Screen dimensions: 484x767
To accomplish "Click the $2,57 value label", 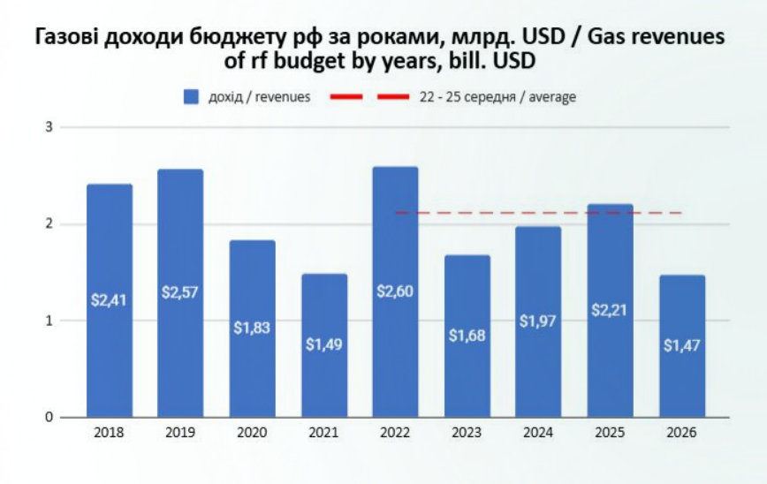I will click(181, 292).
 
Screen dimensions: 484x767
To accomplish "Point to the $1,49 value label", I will click(324, 344).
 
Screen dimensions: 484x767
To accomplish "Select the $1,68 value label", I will click(467, 336).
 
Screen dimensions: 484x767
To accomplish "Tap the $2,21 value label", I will click(611, 310).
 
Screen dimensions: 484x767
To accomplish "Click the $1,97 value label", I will click(539, 321).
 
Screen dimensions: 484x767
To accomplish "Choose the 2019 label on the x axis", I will click(181, 433).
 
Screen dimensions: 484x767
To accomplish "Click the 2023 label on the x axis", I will click(467, 433).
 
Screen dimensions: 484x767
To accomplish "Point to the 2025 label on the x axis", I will click(611, 433).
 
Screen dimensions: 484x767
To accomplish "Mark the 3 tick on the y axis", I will click(50, 127).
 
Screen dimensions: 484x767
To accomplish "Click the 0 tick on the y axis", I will click(50, 417).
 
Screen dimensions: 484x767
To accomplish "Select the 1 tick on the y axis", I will click(50, 321).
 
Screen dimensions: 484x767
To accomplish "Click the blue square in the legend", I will click(191, 96).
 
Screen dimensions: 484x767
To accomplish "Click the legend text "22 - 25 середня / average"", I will click(497, 96).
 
